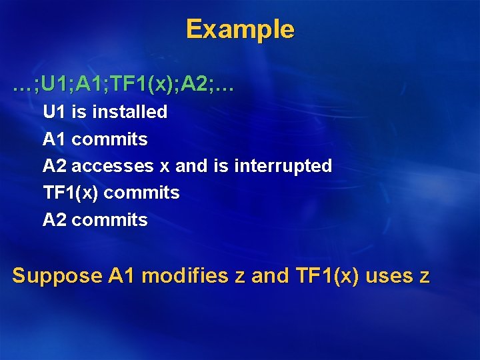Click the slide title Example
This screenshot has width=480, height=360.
click(x=239, y=29)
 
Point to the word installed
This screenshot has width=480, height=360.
click(x=129, y=112)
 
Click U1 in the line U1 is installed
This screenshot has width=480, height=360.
click(x=55, y=112)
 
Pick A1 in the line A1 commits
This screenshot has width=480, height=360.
click(x=55, y=139)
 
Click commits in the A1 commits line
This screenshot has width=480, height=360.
click(x=109, y=139)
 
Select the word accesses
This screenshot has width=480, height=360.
click(x=113, y=166)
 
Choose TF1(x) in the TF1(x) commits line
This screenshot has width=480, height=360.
click(x=71, y=193)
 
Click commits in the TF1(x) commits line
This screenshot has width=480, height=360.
click(x=142, y=193)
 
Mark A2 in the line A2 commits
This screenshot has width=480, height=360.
click(x=55, y=219)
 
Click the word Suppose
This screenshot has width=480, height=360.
click(x=57, y=275)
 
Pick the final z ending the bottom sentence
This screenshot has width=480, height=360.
click(x=425, y=276)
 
